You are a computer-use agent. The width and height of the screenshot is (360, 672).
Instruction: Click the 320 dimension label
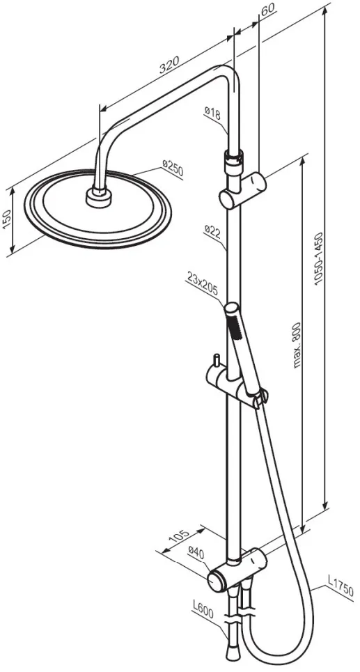point(169,65)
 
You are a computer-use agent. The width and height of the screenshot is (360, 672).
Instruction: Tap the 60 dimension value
point(267,10)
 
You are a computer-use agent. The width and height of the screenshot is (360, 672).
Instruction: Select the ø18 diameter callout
point(212,114)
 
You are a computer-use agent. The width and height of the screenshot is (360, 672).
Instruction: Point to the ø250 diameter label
point(173,168)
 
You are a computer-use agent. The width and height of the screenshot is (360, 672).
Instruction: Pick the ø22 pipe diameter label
point(212,230)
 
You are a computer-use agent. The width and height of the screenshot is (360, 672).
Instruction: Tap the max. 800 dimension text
point(296,345)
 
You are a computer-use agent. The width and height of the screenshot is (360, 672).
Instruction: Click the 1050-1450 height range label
point(318,259)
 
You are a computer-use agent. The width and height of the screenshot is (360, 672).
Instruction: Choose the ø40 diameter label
point(196,554)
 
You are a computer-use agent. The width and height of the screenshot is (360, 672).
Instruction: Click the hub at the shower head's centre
point(100,198)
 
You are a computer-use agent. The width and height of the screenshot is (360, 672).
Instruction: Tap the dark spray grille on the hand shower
point(234,325)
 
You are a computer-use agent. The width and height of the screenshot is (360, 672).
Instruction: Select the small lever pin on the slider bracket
point(217,359)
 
